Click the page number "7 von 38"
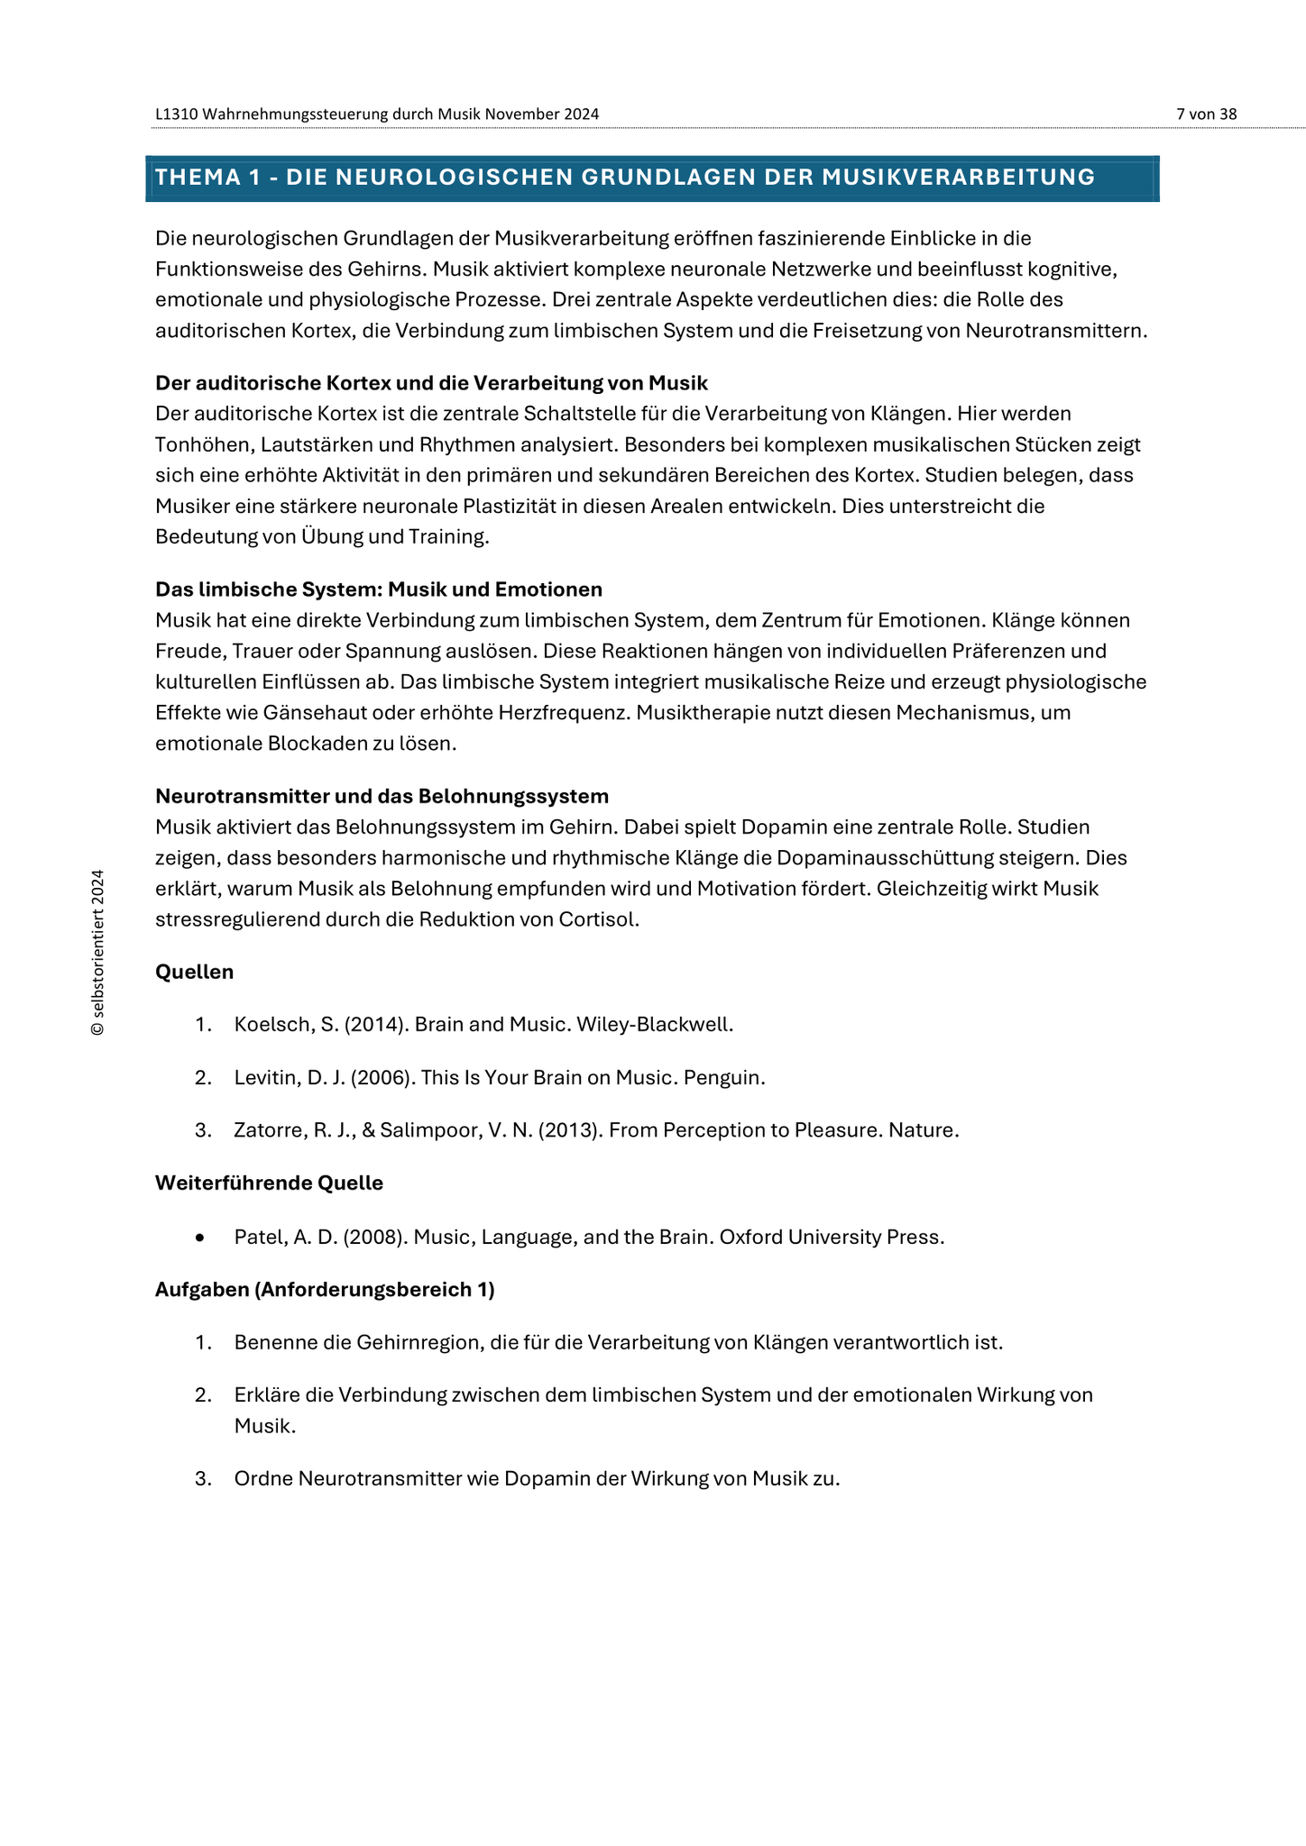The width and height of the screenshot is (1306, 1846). point(1206,114)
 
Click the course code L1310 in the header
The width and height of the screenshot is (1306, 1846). point(177,114)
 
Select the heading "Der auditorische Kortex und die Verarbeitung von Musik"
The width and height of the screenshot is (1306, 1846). point(431,383)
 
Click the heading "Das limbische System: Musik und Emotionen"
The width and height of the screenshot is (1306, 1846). point(379,589)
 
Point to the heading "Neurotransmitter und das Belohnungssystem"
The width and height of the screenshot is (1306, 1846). point(382,796)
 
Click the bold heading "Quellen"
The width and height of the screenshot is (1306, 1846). point(194,972)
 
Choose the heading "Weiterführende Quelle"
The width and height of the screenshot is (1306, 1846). point(269,1183)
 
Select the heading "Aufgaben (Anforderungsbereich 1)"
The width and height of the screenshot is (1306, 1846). point(325,1289)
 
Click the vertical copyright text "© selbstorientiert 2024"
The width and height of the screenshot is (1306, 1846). point(97,953)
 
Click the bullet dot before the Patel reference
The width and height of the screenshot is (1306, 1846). point(200,1238)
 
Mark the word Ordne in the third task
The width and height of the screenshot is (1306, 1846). point(262,1478)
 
